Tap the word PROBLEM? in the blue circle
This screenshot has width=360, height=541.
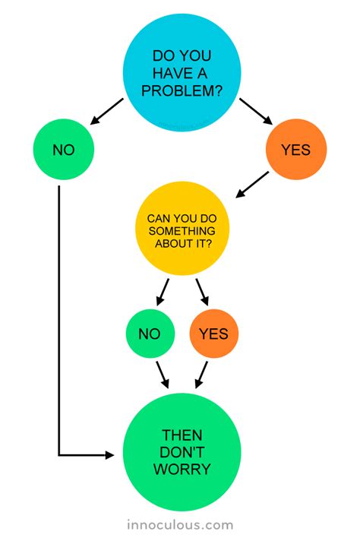coord(182,90)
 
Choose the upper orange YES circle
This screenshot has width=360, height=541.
coord(296,150)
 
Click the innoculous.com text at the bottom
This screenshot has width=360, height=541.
coord(181,525)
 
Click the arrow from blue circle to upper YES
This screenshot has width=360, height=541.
coord(256,111)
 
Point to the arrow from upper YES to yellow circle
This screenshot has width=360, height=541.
coord(252,185)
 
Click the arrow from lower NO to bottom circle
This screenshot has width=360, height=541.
coord(162,375)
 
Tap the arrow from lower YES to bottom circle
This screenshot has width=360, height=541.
coord(201,375)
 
